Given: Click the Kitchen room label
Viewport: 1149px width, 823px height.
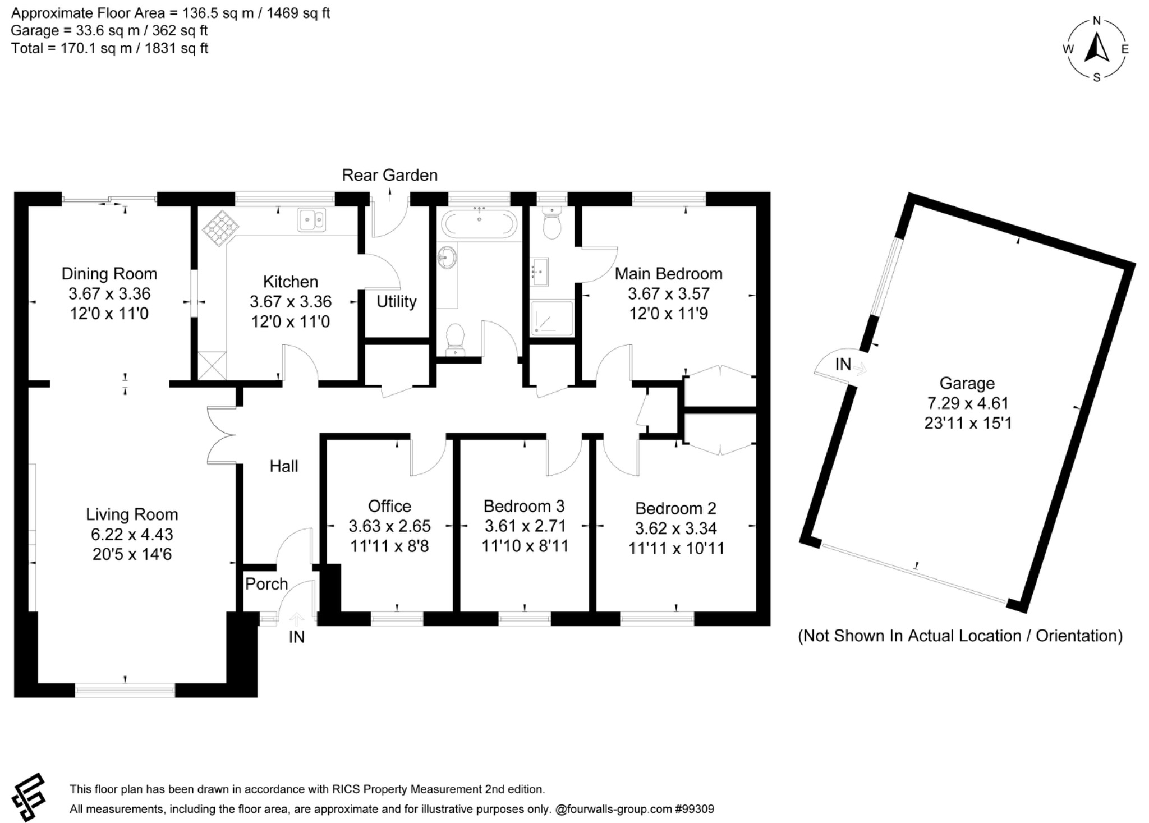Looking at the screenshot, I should click(290, 282).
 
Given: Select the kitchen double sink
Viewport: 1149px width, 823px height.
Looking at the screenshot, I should click(312, 220).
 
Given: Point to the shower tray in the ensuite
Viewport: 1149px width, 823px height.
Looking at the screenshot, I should click(552, 318).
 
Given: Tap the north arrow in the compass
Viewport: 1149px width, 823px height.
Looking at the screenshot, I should click(1096, 48).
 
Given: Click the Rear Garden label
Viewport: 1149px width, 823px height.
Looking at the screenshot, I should click(389, 175).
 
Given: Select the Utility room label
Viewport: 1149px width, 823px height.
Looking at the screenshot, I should click(396, 302).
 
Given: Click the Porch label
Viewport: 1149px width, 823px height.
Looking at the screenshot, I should click(266, 584).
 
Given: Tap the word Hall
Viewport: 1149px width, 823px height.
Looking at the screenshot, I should click(284, 466).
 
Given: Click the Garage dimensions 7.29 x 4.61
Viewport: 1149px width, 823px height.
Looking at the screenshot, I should click(968, 403).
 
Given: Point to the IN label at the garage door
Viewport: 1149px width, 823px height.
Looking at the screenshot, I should click(843, 365).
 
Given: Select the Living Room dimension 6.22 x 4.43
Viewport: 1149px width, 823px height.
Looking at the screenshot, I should click(132, 535).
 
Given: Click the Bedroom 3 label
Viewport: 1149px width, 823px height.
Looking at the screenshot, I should click(524, 506).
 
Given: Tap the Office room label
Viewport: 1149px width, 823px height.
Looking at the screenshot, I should click(389, 506).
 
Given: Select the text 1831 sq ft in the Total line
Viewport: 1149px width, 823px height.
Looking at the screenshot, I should click(176, 48).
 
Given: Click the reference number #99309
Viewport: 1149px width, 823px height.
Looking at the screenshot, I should click(695, 810).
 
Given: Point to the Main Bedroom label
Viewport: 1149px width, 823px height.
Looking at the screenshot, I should click(668, 274).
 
